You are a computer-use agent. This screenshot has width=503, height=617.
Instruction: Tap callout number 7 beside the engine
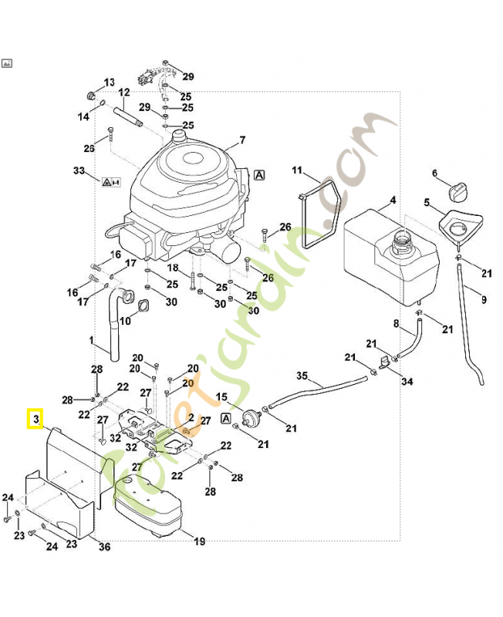pyautogui.click(x=241, y=140)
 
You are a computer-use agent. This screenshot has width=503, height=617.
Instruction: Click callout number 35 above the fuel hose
pyautogui.click(x=302, y=376)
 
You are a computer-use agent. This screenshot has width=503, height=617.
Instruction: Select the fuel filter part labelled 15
pyautogui.click(x=249, y=419)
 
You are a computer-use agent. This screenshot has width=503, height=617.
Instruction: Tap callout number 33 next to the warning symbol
pyautogui.click(x=78, y=170)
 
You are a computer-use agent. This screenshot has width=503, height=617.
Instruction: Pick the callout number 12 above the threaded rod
pyautogui.click(x=124, y=93)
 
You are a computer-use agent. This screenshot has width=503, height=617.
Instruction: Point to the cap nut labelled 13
pyautogui.click(x=92, y=97)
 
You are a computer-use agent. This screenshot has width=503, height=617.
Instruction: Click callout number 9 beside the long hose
pyautogui.click(x=484, y=299)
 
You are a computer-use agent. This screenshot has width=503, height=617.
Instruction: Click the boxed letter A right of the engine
pyautogui.click(x=259, y=175)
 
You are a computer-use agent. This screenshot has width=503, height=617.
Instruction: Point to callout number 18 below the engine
pyautogui.click(x=174, y=268)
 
